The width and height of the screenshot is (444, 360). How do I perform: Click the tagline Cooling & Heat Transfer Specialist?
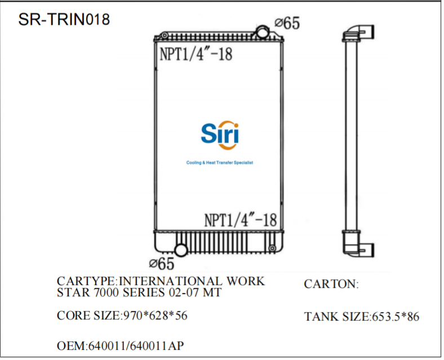pos(220,162)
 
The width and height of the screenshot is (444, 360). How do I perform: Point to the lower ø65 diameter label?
pos(162,263)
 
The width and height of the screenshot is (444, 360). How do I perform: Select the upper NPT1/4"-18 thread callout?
pos(196,54)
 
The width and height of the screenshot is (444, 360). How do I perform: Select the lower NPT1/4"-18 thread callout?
pos(240,219)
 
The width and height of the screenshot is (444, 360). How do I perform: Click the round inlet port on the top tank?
pos(263,32)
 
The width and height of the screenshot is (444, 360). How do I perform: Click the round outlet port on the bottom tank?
pos(181,250)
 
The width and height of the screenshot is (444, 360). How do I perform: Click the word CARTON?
pos(331,284)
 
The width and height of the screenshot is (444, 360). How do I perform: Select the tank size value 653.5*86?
pos(395,317)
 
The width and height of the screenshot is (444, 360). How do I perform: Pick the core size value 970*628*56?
pos(155,315)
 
